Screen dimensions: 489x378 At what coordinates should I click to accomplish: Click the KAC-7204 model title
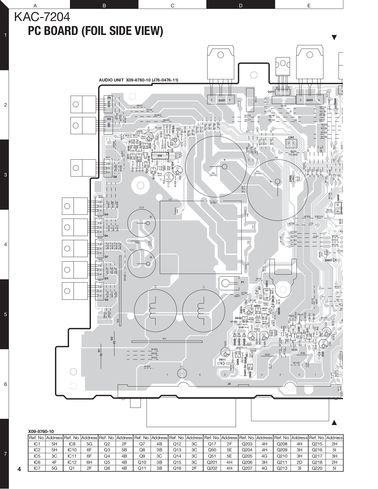pyautogui.click(x=42, y=18)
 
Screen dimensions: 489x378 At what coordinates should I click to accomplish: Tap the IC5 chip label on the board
pyautogui.click(x=160, y=155)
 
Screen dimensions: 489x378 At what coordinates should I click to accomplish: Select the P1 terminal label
pyautogui.click(x=242, y=282)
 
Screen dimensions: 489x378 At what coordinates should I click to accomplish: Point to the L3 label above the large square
pyautogui.click(x=170, y=199)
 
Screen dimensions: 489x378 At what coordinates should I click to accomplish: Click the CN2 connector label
pyautogui.click(x=291, y=137)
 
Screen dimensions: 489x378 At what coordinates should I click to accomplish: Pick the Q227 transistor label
pyautogui.click(x=222, y=100)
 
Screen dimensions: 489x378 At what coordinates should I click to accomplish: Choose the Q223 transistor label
pyautogui.click(x=309, y=100)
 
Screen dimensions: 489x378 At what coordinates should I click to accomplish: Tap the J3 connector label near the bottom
pyautogui.click(x=229, y=384)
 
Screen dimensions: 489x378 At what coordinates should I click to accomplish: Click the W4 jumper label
pyautogui.click(x=164, y=339)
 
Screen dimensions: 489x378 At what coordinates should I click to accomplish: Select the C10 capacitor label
pyautogui.click(x=141, y=207)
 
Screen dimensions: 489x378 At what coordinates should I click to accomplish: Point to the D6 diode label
pyautogui.click(x=109, y=98)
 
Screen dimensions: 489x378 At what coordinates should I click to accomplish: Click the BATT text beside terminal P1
pyautogui.click(x=237, y=296)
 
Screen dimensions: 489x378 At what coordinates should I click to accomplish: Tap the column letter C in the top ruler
pyautogui.click(x=172, y=5)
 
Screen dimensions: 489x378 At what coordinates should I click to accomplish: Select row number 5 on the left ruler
pyautogui.click(x=5, y=314)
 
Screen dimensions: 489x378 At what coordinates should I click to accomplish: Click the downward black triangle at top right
pyautogui.click(x=334, y=38)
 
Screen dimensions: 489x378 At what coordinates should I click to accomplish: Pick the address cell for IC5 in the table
pyautogui.click(x=54, y=456)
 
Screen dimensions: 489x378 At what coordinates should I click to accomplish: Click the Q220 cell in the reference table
pyautogui.click(x=317, y=469)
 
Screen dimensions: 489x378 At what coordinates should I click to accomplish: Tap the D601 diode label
pyautogui.click(x=328, y=260)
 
